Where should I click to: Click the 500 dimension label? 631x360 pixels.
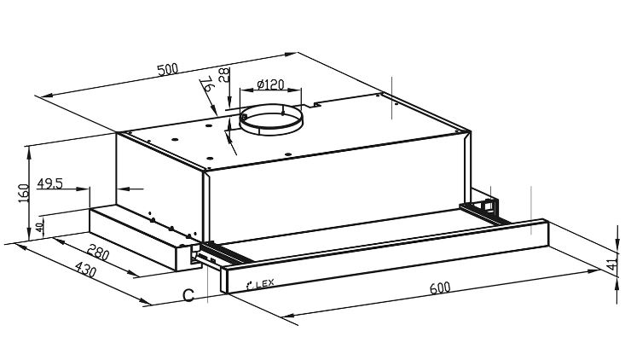167,69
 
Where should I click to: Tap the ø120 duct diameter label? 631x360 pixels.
270,84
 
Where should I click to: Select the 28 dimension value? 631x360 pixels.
223,75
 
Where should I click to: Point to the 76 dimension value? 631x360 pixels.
207,84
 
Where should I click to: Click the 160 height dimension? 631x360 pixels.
24,194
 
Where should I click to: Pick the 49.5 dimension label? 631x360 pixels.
50,183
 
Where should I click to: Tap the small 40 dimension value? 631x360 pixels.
39,228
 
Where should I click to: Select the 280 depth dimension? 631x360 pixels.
98,252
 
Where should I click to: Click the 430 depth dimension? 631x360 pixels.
86,270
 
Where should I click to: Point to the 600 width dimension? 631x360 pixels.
440,287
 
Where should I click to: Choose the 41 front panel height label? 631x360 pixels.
611,264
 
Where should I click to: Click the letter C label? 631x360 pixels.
188,295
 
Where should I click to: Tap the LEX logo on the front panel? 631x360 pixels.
260,284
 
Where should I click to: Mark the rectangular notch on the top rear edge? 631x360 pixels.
317,104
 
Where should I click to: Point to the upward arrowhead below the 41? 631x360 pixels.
617,284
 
